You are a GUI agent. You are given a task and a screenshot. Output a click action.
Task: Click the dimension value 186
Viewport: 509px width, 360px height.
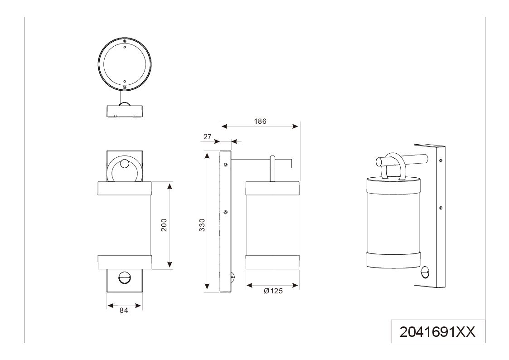tap(260, 122)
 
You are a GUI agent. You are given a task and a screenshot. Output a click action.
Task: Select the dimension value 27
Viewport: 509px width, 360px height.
tap(208, 136)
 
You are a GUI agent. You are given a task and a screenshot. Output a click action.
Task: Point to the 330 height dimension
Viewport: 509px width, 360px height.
tap(202, 225)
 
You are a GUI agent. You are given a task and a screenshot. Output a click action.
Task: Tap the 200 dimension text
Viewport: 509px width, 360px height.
tap(164, 225)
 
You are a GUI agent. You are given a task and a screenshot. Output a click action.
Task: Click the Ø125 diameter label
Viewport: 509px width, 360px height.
tap(273, 291)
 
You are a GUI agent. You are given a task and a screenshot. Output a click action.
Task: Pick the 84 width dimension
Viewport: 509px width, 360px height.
tap(124, 310)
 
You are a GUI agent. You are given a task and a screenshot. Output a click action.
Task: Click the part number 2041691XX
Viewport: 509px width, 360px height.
tap(437, 332)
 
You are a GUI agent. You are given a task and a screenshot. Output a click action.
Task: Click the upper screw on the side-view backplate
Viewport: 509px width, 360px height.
tap(226, 165)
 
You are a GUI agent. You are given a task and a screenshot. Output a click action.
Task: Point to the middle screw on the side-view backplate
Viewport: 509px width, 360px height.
tap(226, 212)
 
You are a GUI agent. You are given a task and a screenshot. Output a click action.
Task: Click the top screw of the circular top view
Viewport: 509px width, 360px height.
tap(125, 41)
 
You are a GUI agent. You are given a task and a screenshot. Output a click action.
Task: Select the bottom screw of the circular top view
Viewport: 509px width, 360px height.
tap(125, 87)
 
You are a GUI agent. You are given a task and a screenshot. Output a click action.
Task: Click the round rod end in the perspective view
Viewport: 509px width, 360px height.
tap(379, 162)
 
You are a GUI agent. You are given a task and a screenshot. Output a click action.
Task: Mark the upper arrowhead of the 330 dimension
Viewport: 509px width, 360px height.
tap(207, 156)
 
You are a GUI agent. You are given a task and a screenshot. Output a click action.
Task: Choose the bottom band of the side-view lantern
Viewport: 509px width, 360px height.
tap(272, 262)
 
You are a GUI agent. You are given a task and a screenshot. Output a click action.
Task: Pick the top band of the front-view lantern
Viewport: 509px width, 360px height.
tap(125, 188)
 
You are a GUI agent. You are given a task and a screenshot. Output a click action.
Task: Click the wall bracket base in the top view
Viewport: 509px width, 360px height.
tap(125, 111)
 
